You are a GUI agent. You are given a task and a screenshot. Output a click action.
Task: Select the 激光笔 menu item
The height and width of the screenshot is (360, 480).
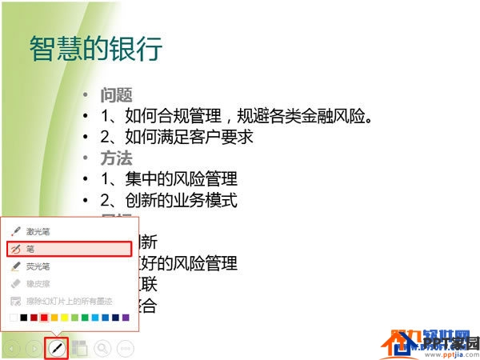coord(38,231)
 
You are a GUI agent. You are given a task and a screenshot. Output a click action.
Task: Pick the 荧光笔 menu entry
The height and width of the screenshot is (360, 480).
coord(38,266)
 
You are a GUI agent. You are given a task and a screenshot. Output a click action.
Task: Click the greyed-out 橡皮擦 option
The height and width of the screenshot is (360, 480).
coord(38,284)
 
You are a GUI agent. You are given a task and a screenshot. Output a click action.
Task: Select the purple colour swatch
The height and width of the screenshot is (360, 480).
coord(126,318)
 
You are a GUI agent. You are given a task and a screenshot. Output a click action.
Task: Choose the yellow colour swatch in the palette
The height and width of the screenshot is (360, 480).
coord(65,318)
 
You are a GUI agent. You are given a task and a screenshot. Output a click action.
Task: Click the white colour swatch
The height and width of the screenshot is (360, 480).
coord(14,318)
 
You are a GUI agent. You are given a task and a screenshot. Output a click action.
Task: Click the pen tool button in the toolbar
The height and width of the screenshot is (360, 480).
coord(56,348)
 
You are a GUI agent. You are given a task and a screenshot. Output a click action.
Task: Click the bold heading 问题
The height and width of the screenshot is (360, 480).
coord(116,95)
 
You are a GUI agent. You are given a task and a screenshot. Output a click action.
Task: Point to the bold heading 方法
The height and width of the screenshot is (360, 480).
coord(116,158)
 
